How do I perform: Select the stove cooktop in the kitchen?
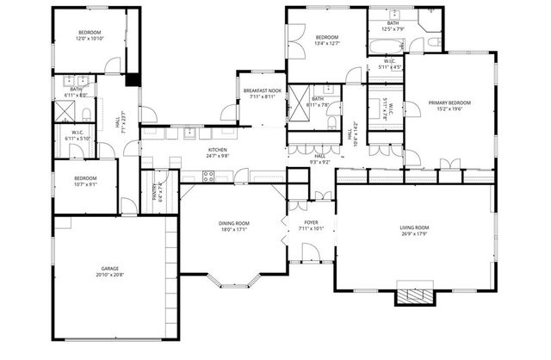click(x=207, y=177)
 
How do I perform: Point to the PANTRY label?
click(x=156, y=190)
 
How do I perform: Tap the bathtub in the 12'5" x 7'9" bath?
click(x=387, y=43)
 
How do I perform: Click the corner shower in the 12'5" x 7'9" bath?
click(x=430, y=22)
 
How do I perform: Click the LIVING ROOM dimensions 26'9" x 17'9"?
click(x=414, y=233)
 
